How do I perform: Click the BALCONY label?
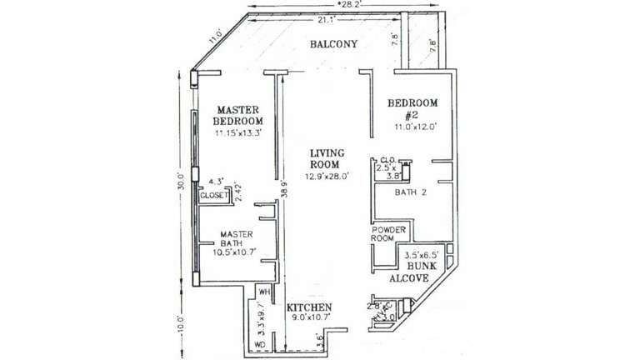pos(332,43)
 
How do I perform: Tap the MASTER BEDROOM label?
pos(238,116)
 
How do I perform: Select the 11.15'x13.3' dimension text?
pos(239,133)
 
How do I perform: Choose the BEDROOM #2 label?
pos(413,109)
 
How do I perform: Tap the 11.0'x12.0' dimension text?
pos(415,127)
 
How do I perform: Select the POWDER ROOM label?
pos(387,233)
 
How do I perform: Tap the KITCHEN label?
pos(309,307)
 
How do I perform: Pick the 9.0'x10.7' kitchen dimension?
pos(310,317)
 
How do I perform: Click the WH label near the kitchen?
pos(264,292)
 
